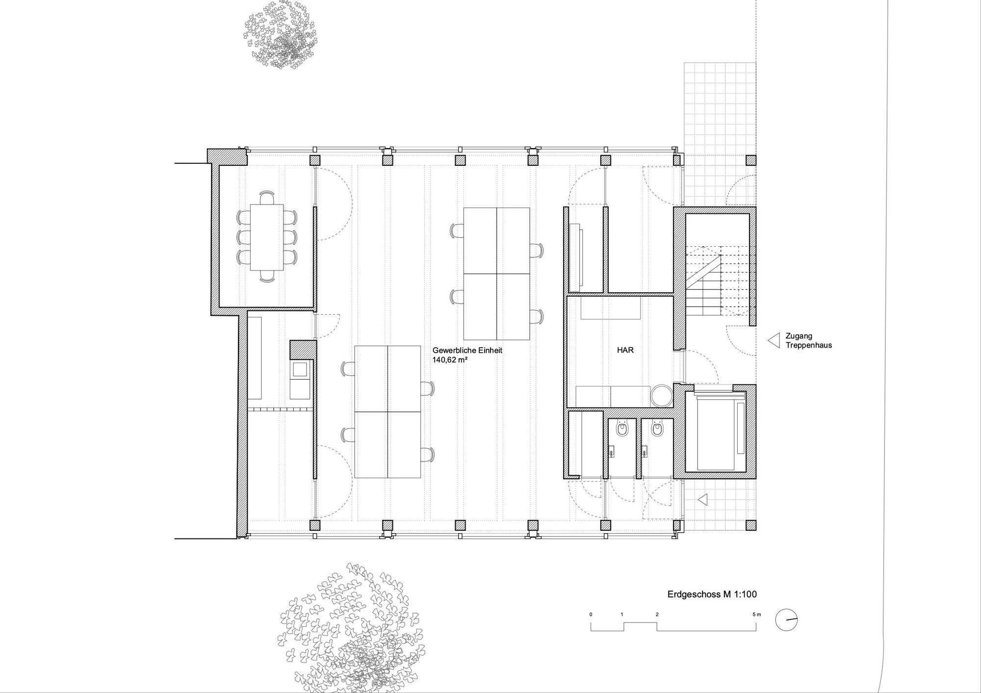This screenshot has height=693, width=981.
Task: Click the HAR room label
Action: (625, 351)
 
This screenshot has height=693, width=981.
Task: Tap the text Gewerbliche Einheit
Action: (467, 351)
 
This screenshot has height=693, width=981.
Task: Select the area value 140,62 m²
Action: (450, 360)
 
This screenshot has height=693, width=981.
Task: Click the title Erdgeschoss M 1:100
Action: (712, 594)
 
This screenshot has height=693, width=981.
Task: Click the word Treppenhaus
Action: (809, 345)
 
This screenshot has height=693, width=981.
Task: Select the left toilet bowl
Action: (622, 429)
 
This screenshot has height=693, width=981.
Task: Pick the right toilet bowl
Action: (656, 429)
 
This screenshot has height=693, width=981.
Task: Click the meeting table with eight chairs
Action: (267, 237)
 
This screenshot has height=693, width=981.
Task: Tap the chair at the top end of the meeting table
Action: (267, 198)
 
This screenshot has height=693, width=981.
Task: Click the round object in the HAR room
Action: (662, 396)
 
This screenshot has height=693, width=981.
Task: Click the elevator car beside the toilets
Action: (715, 432)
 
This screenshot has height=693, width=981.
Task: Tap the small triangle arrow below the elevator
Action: (703, 500)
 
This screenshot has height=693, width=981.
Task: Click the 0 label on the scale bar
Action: (591, 615)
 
